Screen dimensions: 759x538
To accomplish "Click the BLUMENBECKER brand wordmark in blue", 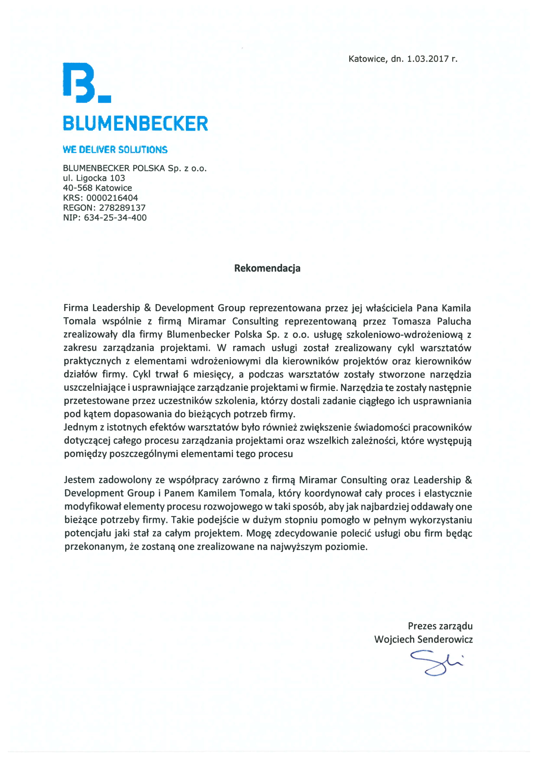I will (x=135, y=123).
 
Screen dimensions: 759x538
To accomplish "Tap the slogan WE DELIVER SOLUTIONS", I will (x=115, y=150).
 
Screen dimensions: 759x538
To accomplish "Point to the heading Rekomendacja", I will (x=267, y=268).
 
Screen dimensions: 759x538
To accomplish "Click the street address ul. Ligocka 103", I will (x=94, y=178).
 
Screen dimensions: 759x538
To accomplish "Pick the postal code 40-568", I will (x=78, y=188).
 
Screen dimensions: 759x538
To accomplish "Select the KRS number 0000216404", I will (x=112, y=198).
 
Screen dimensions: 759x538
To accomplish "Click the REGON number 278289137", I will (x=122, y=208).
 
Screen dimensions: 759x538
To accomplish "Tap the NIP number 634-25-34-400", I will (x=115, y=218).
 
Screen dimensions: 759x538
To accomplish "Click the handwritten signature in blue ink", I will (x=436, y=663).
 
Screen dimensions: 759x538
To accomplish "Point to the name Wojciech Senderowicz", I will (x=423, y=639).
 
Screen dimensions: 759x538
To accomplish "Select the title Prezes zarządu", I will (x=440, y=626).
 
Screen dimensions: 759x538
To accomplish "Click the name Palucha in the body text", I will (x=454, y=321).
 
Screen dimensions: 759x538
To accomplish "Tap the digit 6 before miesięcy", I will (x=186, y=374).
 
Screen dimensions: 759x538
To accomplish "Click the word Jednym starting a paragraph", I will (x=80, y=427).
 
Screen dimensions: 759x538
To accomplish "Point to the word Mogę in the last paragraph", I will (x=259, y=533).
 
